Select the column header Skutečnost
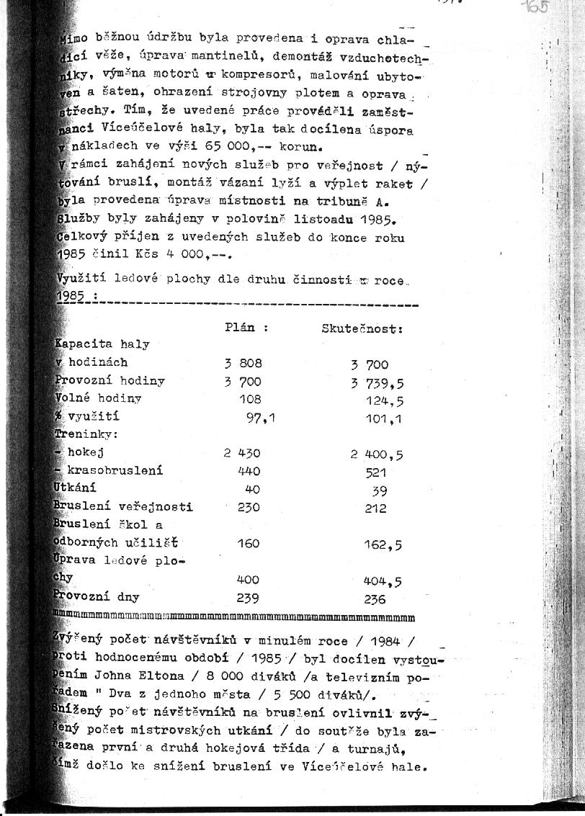[x=361, y=328]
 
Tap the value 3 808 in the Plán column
[x=242, y=364]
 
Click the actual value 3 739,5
[x=377, y=382]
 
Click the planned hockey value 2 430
[x=242, y=453]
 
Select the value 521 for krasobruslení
[x=375, y=472]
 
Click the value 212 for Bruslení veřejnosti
[x=375, y=508]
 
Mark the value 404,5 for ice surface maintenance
[x=383, y=580]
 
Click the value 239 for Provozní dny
[x=249, y=598]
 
